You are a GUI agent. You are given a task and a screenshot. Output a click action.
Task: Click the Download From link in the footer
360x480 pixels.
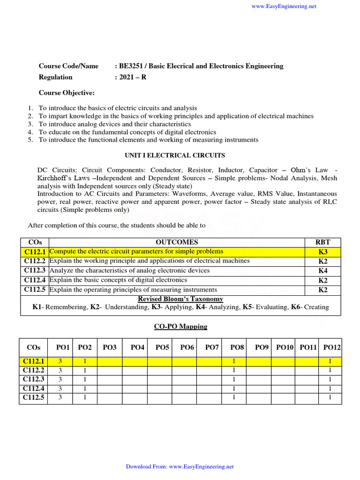click(x=180, y=466)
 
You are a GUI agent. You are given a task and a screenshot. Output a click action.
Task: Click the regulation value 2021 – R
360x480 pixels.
click(x=133, y=77)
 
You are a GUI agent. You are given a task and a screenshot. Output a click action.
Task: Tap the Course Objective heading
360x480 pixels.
click(x=67, y=93)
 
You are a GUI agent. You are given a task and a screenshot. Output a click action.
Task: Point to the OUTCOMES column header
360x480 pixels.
click(x=176, y=242)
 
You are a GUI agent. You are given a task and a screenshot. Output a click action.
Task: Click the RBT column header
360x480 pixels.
click(x=323, y=242)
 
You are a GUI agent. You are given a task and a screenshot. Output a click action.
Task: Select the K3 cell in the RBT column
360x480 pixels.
click(x=323, y=252)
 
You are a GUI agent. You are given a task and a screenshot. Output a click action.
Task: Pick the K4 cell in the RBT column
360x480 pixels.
click(x=323, y=270)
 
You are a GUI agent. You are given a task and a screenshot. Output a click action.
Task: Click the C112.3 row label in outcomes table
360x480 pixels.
click(x=34, y=270)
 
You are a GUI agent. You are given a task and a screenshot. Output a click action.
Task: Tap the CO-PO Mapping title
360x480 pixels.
click(x=180, y=326)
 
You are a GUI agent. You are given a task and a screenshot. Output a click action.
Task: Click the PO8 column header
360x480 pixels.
click(x=237, y=347)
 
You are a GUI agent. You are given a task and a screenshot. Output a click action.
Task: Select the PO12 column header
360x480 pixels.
click(x=332, y=347)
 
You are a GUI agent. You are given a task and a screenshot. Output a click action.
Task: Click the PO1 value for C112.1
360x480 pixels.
click(x=60, y=361)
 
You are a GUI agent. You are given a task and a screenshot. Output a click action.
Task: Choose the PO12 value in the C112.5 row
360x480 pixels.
click(x=330, y=397)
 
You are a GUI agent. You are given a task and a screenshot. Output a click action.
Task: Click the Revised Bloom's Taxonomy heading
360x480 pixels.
click(x=180, y=299)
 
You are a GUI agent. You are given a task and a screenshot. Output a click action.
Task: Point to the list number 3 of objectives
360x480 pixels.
click(x=30, y=124)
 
